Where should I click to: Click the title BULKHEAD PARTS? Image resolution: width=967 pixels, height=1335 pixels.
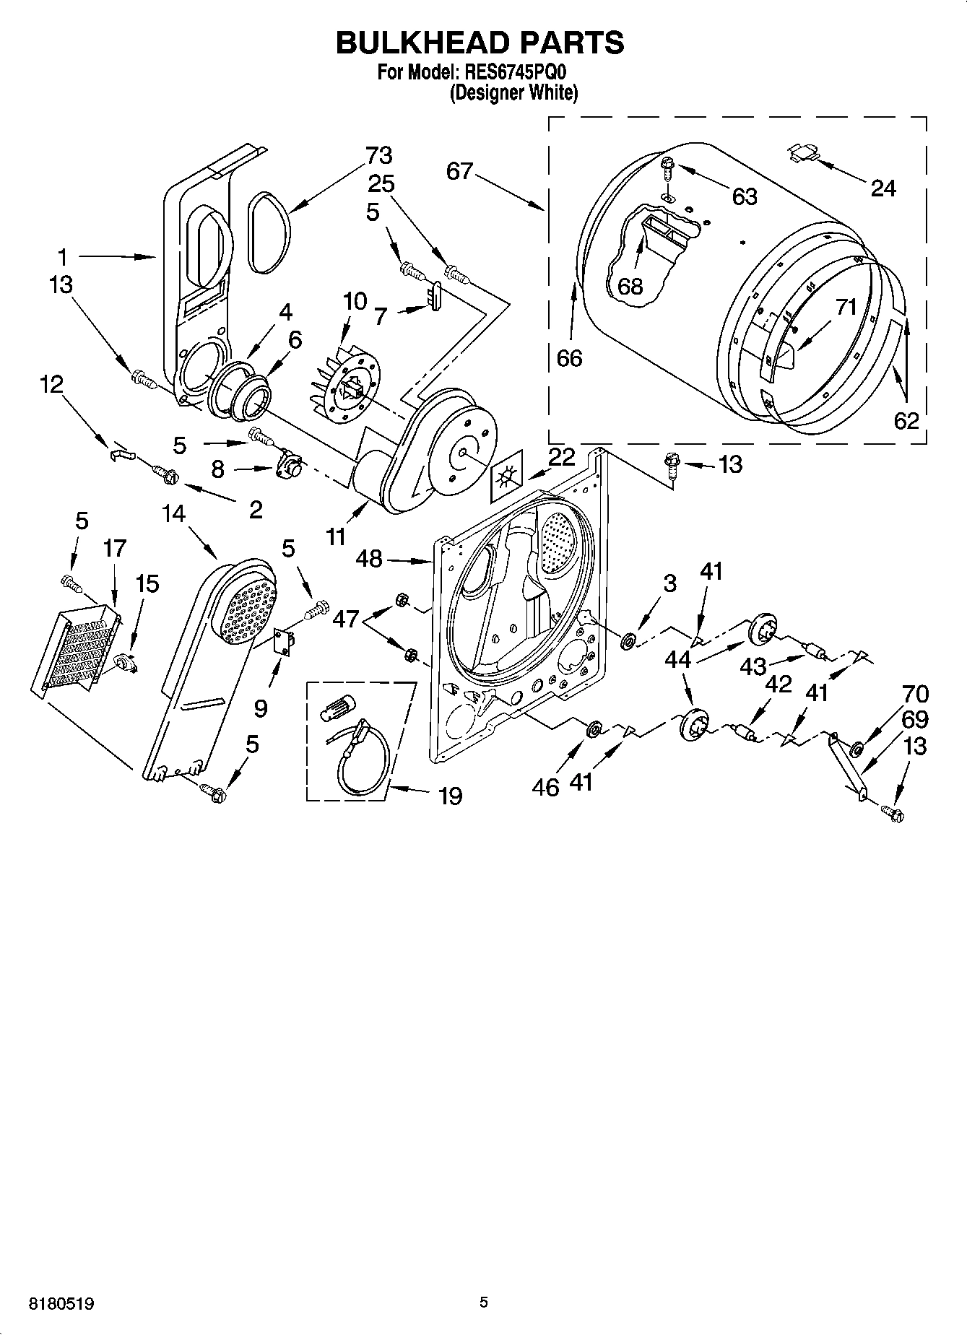pyautogui.click(x=480, y=43)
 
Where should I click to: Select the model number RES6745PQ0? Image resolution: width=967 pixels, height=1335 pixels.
pyautogui.click(x=516, y=73)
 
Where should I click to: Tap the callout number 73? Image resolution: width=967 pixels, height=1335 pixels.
pyautogui.click(x=378, y=155)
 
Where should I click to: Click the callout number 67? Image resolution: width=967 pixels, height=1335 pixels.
pyautogui.click(x=459, y=171)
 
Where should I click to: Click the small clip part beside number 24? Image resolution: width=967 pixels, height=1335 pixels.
pyautogui.click(x=802, y=152)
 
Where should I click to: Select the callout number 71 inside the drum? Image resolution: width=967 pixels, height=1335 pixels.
pyautogui.click(x=846, y=307)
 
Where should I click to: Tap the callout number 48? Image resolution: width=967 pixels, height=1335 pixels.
pyautogui.click(x=369, y=558)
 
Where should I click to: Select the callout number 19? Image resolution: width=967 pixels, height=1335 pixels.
pyautogui.click(x=450, y=796)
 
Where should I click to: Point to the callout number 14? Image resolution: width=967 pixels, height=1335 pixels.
pyautogui.click(x=173, y=514)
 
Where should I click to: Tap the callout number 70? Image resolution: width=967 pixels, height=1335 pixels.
pyautogui.click(x=916, y=694)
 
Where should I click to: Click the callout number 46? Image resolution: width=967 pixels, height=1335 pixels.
pyautogui.click(x=546, y=787)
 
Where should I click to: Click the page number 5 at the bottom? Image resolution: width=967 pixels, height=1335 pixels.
pyautogui.click(x=484, y=1303)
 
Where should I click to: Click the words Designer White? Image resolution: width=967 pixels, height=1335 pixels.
pyautogui.click(x=513, y=93)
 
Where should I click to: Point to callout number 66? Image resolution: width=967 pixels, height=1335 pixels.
pyautogui.click(x=569, y=358)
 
